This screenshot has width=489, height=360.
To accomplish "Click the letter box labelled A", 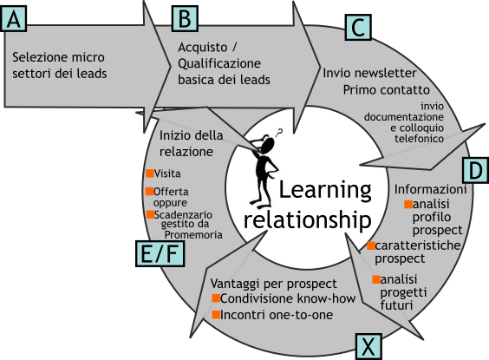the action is point(13,19).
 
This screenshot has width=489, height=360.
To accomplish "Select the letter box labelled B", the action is point(185,19).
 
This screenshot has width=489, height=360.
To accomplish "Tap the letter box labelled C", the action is point(358,28).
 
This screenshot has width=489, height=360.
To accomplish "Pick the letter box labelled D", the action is point(476,170).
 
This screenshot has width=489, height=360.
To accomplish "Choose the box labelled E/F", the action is point(160,253).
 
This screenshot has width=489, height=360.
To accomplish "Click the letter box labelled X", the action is point(368,347).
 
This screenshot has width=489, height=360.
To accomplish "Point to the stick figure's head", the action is point(268,144).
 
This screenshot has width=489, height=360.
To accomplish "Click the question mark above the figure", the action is point(279,133).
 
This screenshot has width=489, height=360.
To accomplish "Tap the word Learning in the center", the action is point(325,191).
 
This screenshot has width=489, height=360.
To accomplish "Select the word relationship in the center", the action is point(308,220).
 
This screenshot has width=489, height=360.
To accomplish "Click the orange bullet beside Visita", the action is point(150,173).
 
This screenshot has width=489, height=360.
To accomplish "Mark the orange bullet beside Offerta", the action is point(150,191).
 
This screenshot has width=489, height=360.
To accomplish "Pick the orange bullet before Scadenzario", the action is point(150,214).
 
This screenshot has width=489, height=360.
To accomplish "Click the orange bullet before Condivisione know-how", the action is point(216,298).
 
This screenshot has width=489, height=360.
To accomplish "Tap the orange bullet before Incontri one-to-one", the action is point(216,314).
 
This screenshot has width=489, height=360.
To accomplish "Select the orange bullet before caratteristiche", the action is point(371,245).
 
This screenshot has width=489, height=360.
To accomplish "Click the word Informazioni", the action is point(430,189).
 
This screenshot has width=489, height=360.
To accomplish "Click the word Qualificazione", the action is point(219,64).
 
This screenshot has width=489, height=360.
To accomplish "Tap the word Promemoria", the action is point(193,235).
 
